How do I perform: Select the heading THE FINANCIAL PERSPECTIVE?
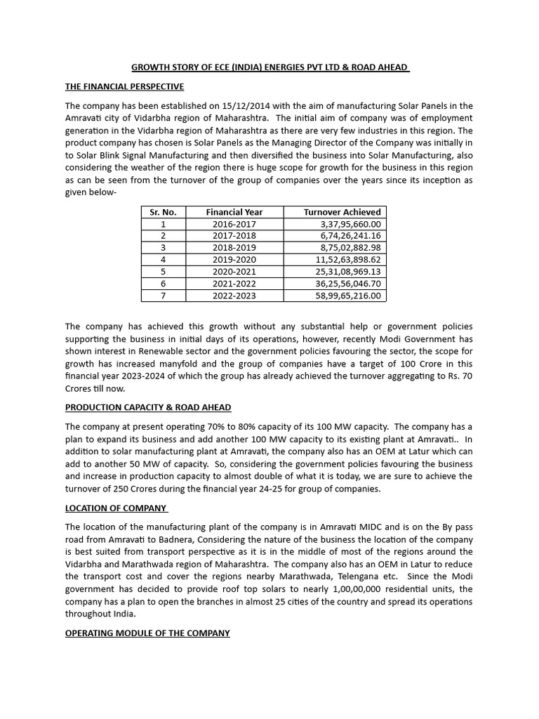pos(124,86)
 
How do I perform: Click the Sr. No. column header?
pos(164,212)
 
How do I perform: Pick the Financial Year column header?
pos(234,212)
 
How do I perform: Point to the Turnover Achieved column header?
pos(342,212)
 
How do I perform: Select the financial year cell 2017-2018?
pos(234,236)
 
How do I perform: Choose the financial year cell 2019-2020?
pos(234,260)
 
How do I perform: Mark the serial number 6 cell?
pos(164,284)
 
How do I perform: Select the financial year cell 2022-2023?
pos(234,296)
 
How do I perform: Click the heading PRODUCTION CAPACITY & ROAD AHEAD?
pos(148,407)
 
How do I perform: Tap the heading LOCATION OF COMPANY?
pos(116,508)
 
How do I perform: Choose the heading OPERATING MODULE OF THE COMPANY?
pos(147,633)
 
